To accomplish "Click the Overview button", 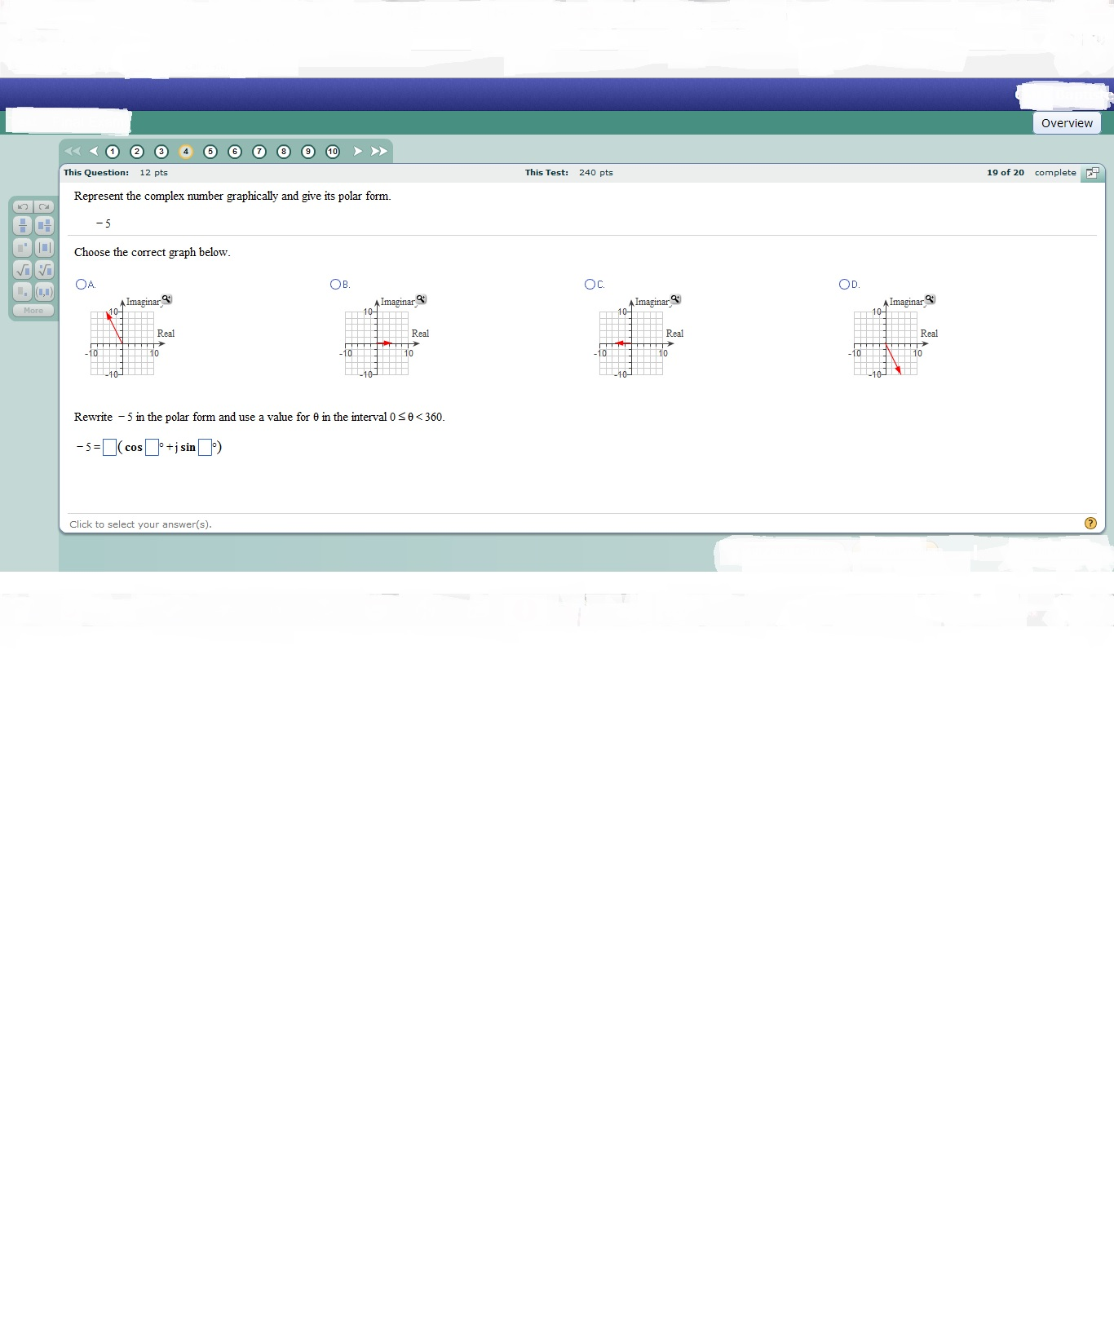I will click(x=1067, y=123).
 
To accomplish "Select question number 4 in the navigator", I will click(x=186, y=152).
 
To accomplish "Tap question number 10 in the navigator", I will click(x=333, y=152).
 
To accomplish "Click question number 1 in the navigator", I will click(x=113, y=152).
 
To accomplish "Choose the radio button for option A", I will click(x=81, y=284).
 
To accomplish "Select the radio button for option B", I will click(x=335, y=284).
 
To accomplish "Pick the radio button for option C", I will click(x=590, y=284).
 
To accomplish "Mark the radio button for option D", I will click(x=844, y=284).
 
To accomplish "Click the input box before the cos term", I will click(x=109, y=447).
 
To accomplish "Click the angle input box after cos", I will click(x=152, y=447).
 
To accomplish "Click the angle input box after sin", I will click(x=205, y=447).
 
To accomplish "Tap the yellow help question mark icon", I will click(x=1090, y=524).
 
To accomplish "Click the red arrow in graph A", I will click(x=114, y=328).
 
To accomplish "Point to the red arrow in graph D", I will click(x=894, y=359).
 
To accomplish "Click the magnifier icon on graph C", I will click(x=675, y=299).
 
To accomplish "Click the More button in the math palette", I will click(x=33, y=311).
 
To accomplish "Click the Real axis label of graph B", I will click(x=420, y=334).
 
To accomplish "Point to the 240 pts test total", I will click(x=595, y=173).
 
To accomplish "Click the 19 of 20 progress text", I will click(x=1005, y=173).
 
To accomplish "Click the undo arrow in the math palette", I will click(x=23, y=206).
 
